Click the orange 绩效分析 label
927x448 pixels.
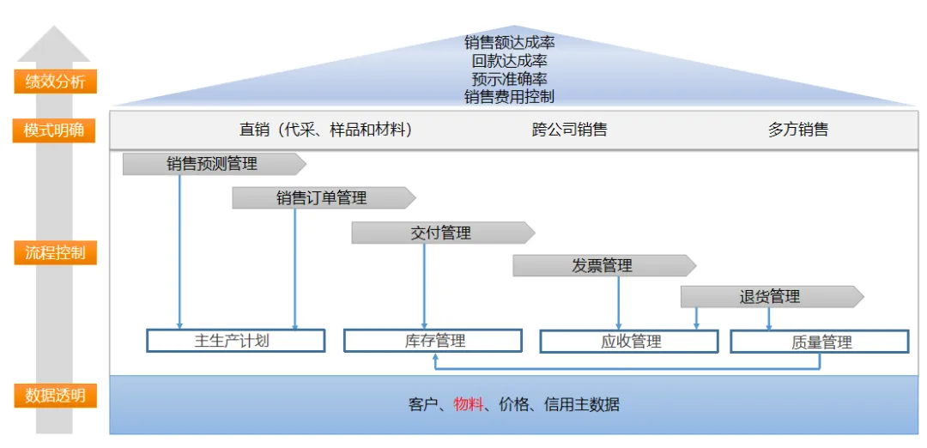(55, 82)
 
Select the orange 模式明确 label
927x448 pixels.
(55, 131)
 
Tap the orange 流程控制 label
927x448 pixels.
(55, 253)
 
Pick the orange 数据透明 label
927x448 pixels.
(55, 396)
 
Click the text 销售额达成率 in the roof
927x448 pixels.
(509, 42)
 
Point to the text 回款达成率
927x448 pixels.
(509, 60)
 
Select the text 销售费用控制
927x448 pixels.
(509, 97)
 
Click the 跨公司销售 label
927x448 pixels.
(569, 130)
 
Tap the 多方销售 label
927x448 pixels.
(797, 130)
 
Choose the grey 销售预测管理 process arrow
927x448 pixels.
(213, 164)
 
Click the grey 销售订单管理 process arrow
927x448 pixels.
(322, 198)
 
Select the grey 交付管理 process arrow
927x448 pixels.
(441, 233)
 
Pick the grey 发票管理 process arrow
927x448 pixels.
(603, 266)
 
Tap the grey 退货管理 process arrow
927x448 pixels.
(770, 297)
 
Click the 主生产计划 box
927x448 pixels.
(235, 341)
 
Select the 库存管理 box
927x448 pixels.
(433, 341)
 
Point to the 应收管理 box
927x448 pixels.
(628, 342)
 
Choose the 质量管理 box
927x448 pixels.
(819, 342)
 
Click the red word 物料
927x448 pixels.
(469, 404)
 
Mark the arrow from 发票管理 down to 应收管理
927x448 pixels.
(619, 302)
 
